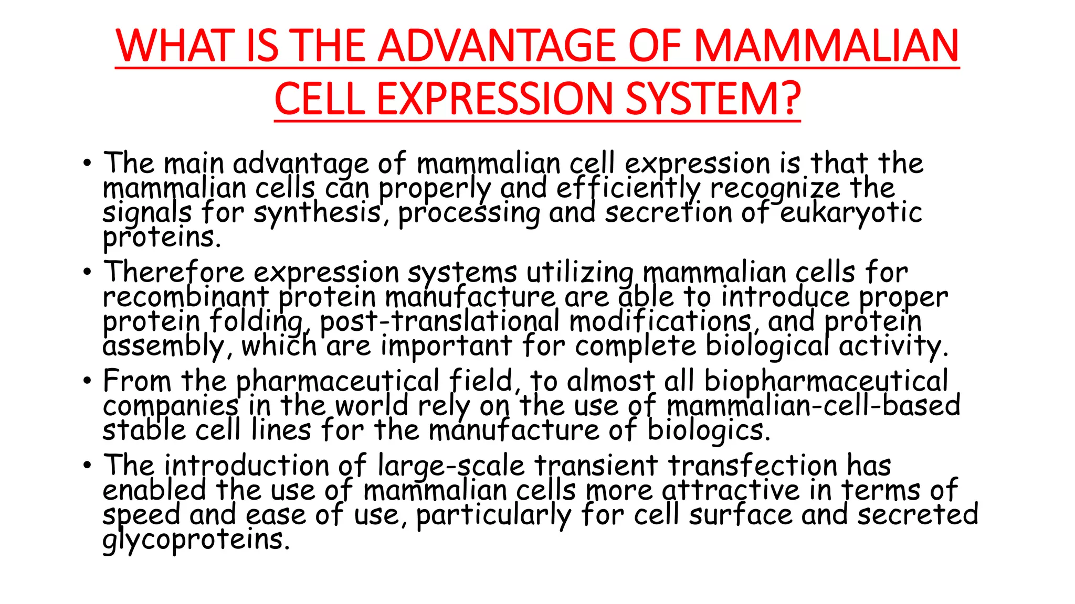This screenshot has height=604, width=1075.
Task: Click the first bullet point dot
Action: (87, 163)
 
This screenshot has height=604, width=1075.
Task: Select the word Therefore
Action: (174, 273)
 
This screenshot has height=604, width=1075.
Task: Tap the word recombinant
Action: (186, 297)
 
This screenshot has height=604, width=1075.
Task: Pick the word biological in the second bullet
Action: (767, 346)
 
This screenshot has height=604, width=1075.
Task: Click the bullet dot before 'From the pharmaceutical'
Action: (87, 381)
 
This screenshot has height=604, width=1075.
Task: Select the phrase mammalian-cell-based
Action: (813, 406)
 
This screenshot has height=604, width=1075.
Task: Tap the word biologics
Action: (709, 430)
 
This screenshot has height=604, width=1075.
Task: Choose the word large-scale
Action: (451, 466)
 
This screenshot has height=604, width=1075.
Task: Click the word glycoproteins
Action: (195, 540)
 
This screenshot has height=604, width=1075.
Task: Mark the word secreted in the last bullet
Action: (918, 514)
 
